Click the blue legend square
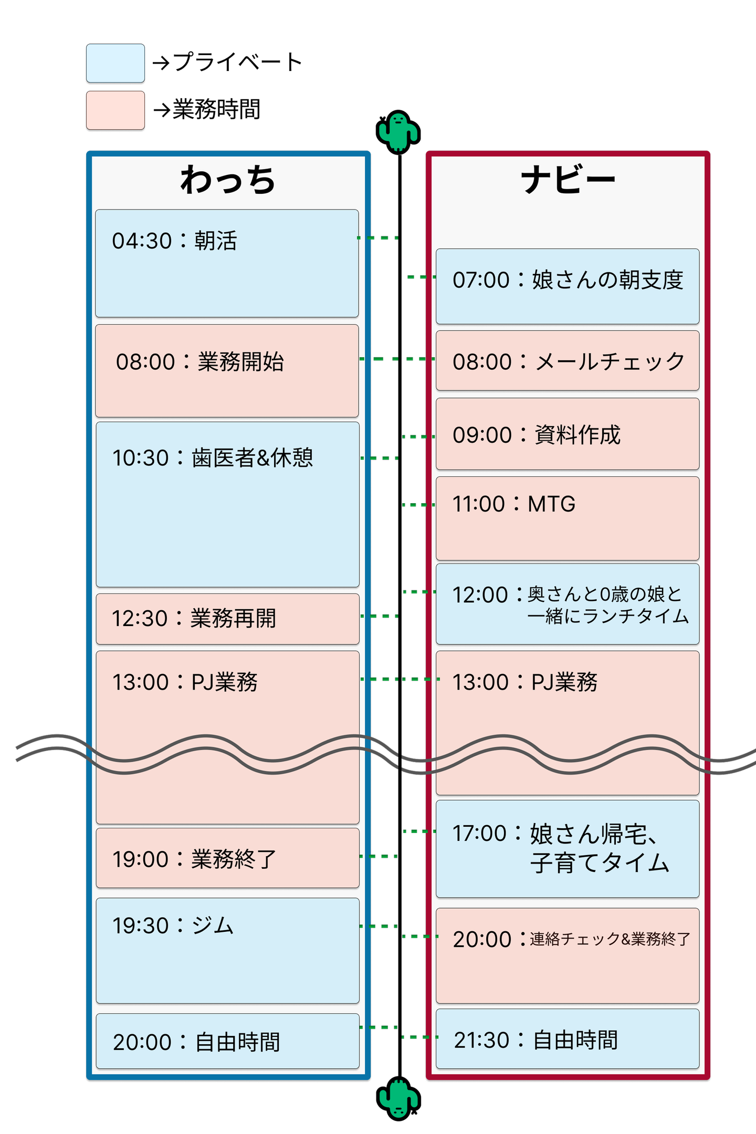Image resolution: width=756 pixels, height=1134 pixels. tap(115, 64)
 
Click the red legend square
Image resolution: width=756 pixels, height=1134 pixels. tap(115, 111)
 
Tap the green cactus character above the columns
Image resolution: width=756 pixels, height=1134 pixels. tap(398, 132)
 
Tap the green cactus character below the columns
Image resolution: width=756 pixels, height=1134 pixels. tap(398, 1099)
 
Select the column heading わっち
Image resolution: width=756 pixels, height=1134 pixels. tap(228, 180)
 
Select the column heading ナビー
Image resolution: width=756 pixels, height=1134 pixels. tap(568, 180)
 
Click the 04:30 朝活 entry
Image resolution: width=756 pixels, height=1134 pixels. tap(227, 263)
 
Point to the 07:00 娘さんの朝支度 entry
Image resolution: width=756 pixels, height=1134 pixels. tap(568, 286)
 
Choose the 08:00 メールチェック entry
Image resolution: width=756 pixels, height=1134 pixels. tap(568, 361)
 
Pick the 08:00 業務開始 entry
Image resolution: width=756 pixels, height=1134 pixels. tap(227, 370)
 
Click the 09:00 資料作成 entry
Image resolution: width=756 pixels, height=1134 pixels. tap(568, 434)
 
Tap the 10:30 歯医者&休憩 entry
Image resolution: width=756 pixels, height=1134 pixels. tap(227, 504)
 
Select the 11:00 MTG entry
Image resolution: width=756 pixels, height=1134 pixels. tap(568, 518)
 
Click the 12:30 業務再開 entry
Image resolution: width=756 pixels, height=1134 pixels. tap(227, 619)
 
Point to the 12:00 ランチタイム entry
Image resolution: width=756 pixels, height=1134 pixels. tap(568, 604)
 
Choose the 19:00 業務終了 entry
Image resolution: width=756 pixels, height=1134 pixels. tap(227, 858)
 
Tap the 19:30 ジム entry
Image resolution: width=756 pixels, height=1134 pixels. tap(227, 951)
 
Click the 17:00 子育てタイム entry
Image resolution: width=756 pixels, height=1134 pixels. tap(568, 849)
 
